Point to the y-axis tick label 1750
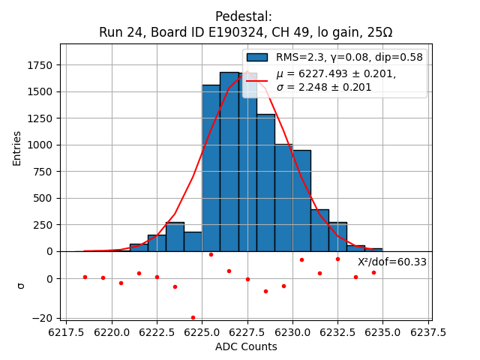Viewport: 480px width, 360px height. point(40,65)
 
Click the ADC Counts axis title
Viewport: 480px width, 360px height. point(246,346)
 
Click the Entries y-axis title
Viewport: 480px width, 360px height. point(17,148)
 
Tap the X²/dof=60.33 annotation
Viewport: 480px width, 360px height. point(391,262)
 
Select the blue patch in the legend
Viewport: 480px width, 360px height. point(256,57)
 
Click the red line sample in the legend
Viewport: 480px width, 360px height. point(256,80)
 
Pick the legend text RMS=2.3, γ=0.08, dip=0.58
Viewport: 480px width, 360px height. point(349,57)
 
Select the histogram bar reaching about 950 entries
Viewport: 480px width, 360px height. point(301,200)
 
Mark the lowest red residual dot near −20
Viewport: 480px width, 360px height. point(193,317)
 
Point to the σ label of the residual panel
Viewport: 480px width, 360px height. point(21,285)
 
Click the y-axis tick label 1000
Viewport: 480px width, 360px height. point(40,145)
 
